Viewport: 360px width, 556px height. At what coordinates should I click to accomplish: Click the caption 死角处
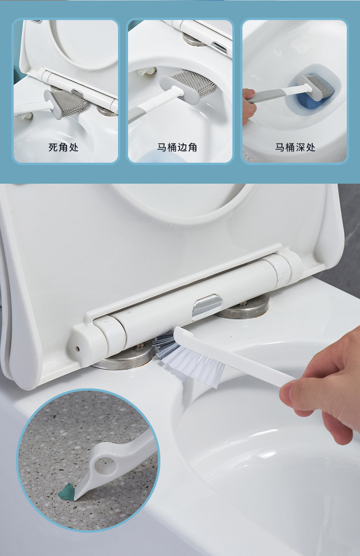[63, 147]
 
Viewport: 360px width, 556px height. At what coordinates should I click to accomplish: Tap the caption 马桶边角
[177, 147]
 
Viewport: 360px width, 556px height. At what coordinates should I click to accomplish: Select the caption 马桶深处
[295, 147]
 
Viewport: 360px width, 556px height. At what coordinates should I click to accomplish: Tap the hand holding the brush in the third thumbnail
[248, 105]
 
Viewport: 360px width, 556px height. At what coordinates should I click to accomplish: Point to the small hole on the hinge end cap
[77, 348]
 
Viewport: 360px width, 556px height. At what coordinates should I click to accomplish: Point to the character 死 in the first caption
[53, 147]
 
